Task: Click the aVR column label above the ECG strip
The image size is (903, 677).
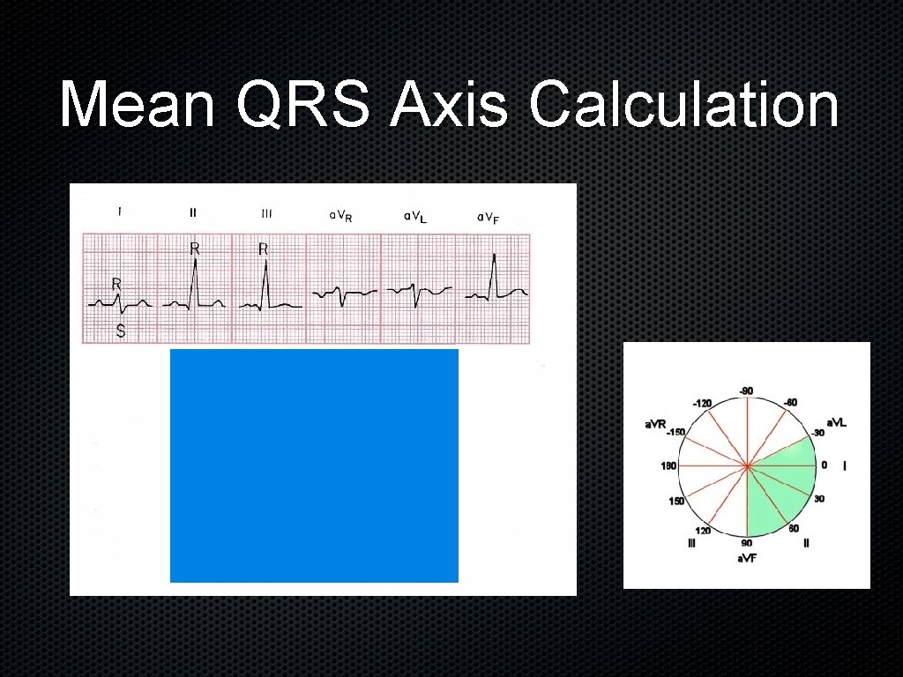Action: [x=340, y=216]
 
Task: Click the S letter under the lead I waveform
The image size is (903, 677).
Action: [x=121, y=332]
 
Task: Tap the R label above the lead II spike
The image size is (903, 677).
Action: [x=195, y=249]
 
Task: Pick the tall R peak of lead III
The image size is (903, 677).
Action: [x=265, y=272]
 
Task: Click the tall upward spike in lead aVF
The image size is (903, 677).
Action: [x=494, y=257]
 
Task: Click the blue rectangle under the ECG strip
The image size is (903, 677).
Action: [x=314, y=465]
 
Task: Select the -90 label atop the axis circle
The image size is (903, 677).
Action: [x=745, y=391]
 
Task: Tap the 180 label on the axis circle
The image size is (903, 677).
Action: [x=668, y=465]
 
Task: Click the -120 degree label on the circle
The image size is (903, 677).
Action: [x=702, y=403]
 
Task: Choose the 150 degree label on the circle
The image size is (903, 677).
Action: [x=675, y=501]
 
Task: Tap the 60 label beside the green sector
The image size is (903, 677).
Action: [x=794, y=528]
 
